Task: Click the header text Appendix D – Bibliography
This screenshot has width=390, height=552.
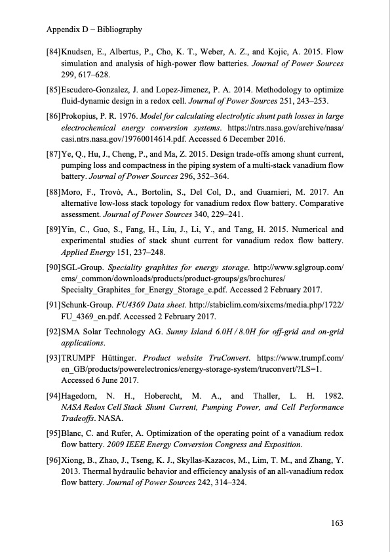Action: (x=95, y=30)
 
